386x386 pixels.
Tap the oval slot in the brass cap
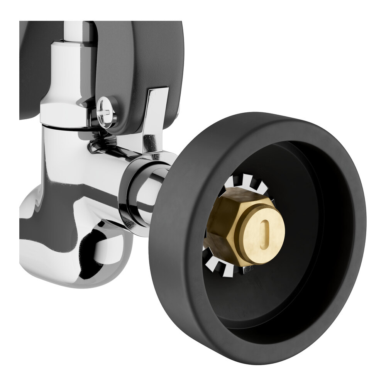point(265,230)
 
